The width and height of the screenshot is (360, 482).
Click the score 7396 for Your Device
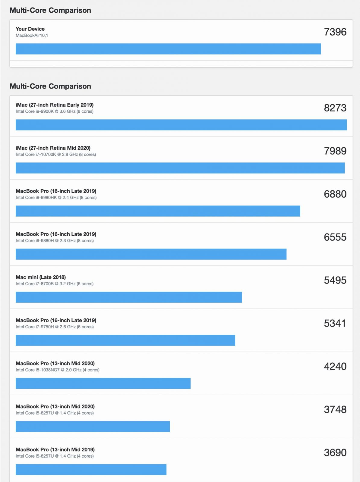[335, 32]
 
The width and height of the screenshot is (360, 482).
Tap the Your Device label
[30, 29]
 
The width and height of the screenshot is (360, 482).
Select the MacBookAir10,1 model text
[32, 35]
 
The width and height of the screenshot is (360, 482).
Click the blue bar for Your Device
[168, 49]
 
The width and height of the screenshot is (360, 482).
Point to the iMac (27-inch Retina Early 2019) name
[55, 105]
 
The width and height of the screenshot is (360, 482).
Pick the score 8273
[335, 108]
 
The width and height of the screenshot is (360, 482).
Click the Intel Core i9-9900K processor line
[55, 111]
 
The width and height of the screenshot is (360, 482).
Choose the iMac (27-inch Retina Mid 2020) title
[53, 148]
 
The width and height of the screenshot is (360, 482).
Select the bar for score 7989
[180, 168]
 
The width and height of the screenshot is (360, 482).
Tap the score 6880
[335, 194]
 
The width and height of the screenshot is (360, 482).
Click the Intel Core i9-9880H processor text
[55, 241]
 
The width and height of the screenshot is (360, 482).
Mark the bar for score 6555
[151, 254]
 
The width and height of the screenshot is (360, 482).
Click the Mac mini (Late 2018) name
[41, 277]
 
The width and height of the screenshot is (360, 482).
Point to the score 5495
[335, 280]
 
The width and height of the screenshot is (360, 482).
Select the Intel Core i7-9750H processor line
[55, 327]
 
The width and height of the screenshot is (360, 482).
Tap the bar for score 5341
[125, 340]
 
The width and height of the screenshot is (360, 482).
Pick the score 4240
[335, 366]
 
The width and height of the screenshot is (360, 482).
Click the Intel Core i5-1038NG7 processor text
[58, 370]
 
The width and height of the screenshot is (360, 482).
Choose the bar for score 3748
[93, 426]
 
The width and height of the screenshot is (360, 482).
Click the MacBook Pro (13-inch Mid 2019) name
[55, 449]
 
